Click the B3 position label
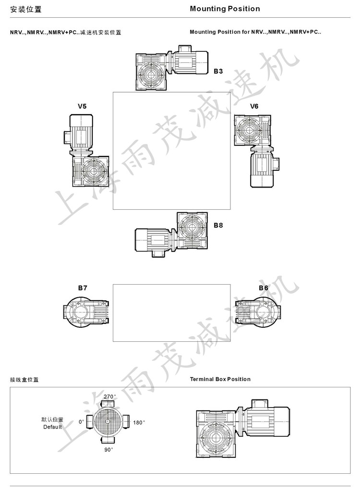(x=218, y=71)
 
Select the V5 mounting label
(x=82, y=107)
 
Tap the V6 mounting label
(x=254, y=107)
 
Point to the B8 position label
(x=218, y=225)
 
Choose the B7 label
(x=83, y=288)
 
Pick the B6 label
(x=264, y=288)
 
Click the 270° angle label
(x=109, y=396)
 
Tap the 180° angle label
(x=139, y=423)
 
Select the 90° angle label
(x=108, y=450)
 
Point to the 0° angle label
(x=81, y=422)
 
